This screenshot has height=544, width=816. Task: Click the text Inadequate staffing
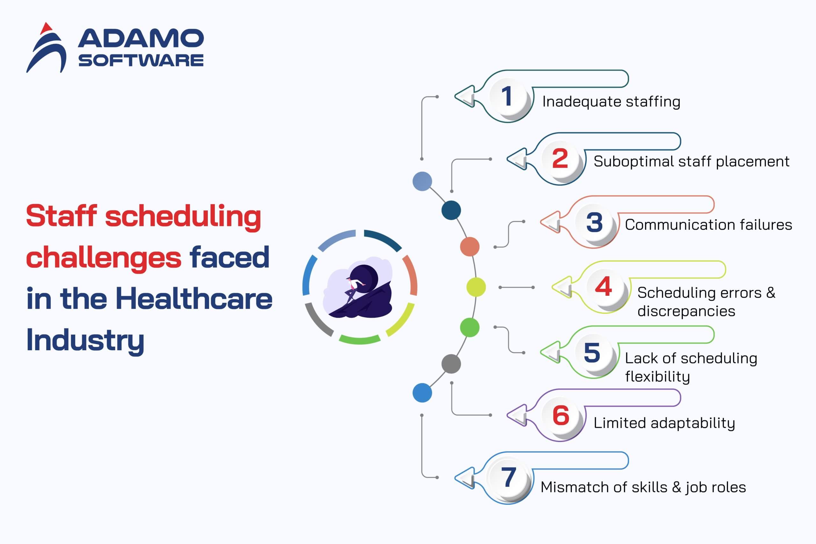pos(611,102)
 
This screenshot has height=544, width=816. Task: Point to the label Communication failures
pos(708,224)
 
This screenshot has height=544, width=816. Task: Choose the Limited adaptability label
pos(664,423)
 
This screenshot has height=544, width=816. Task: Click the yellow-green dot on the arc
pos(476,287)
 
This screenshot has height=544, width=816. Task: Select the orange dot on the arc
pos(470,247)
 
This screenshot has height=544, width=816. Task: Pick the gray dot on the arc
pos(451,364)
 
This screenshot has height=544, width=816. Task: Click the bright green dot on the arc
pos(470,328)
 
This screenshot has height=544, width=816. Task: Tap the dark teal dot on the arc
pos(451,210)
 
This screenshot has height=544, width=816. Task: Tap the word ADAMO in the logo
pos(141,38)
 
